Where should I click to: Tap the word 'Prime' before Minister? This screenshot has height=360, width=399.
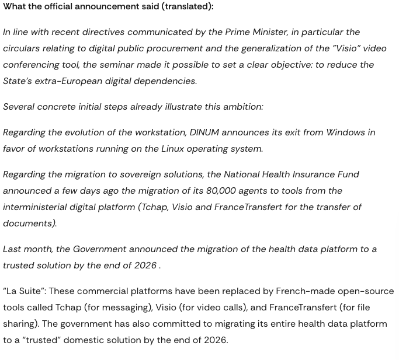point(239,32)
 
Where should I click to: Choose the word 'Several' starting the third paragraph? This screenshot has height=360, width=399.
point(19,107)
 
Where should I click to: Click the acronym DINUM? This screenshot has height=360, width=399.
point(204,132)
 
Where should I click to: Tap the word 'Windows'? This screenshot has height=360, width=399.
point(345,132)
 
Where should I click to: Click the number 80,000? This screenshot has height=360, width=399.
point(221,191)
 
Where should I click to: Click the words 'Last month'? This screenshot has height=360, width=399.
point(27,249)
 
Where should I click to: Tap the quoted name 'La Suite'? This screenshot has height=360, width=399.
point(24,291)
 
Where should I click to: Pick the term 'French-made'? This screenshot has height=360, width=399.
point(307,291)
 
